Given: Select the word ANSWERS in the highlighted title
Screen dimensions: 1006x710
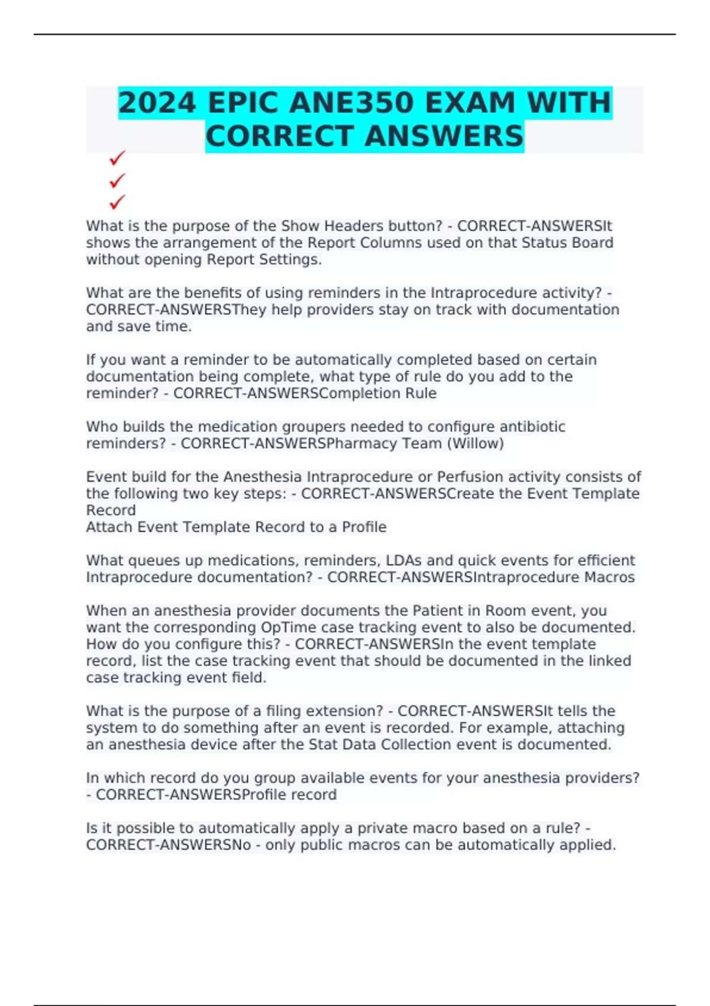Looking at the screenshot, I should pos(444,137).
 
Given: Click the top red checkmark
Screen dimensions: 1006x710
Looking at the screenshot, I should pos(117,158).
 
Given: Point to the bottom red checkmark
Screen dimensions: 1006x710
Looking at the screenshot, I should pos(117,202).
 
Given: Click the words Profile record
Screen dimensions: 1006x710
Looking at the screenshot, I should pos(289,795).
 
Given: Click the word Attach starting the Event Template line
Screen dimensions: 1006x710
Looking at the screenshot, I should pos(109,527).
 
